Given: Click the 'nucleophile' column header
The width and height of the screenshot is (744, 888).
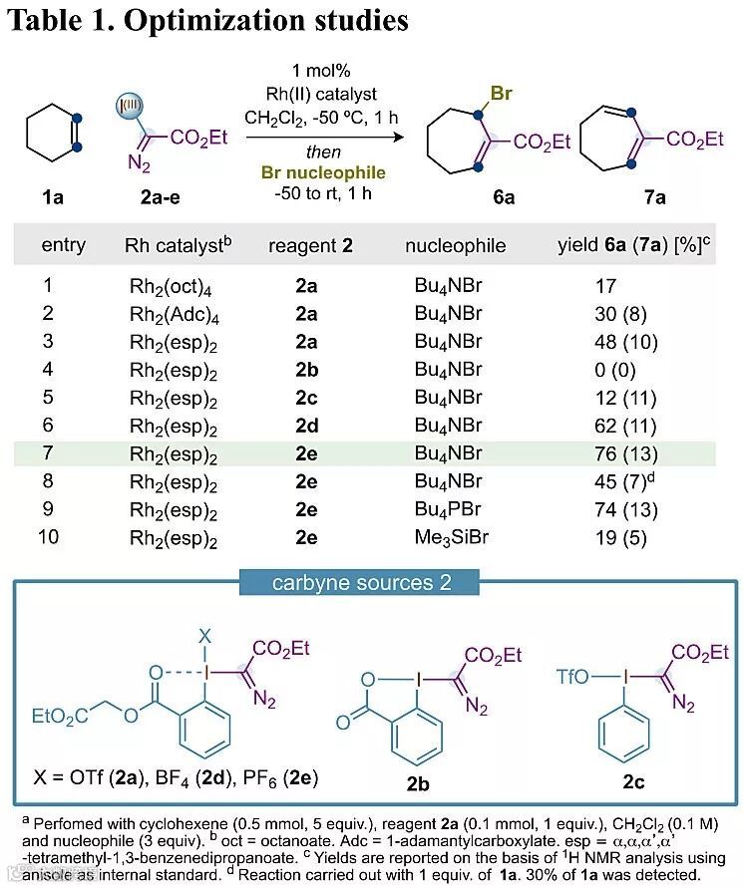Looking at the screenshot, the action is click(x=456, y=245).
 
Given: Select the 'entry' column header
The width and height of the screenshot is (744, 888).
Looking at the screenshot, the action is click(x=64, y=245).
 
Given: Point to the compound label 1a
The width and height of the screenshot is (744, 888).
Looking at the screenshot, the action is click(x=53, y=196).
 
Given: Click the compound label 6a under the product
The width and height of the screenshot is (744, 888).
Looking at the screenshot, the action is click(x=504, y=196).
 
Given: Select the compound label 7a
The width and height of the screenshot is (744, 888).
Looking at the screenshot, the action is click(x=654, y=196).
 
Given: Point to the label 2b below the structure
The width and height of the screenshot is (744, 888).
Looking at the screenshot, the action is click(x=418, y=782).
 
